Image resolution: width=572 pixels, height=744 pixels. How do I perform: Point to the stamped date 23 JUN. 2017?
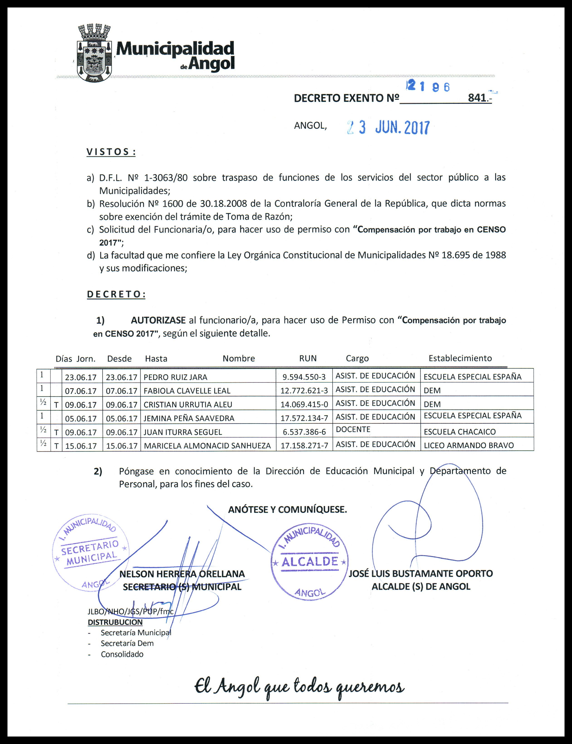pyautogui.click(x=388, y=128)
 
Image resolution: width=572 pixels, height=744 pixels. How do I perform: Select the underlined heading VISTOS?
pyautogui.click(x=111, y=152)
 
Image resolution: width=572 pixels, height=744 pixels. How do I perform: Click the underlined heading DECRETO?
pyautogui.click(x=116, y=294)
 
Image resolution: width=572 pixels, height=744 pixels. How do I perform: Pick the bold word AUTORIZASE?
pyautogui.click(x=158, y=320)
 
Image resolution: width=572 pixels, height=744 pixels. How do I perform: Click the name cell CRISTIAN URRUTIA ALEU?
pyautogui.click(x=188, y=405)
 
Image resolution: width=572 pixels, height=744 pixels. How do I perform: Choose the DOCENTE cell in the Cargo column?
pyautogui.click(x=353, y=430)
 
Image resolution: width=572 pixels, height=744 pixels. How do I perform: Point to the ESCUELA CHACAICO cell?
pyautogui.click(x=460, y=432)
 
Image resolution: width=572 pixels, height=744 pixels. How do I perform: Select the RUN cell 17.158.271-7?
pyautogui.click(x=304, y=445)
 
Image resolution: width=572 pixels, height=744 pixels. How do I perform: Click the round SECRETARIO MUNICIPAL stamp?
pyautogui.click(x=90, y=553)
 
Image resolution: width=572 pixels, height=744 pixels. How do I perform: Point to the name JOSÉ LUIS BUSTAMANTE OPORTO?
pyautogui.click(x=421, y=574)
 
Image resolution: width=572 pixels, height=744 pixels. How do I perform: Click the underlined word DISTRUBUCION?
pyautogui.click(x=115, y=622)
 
